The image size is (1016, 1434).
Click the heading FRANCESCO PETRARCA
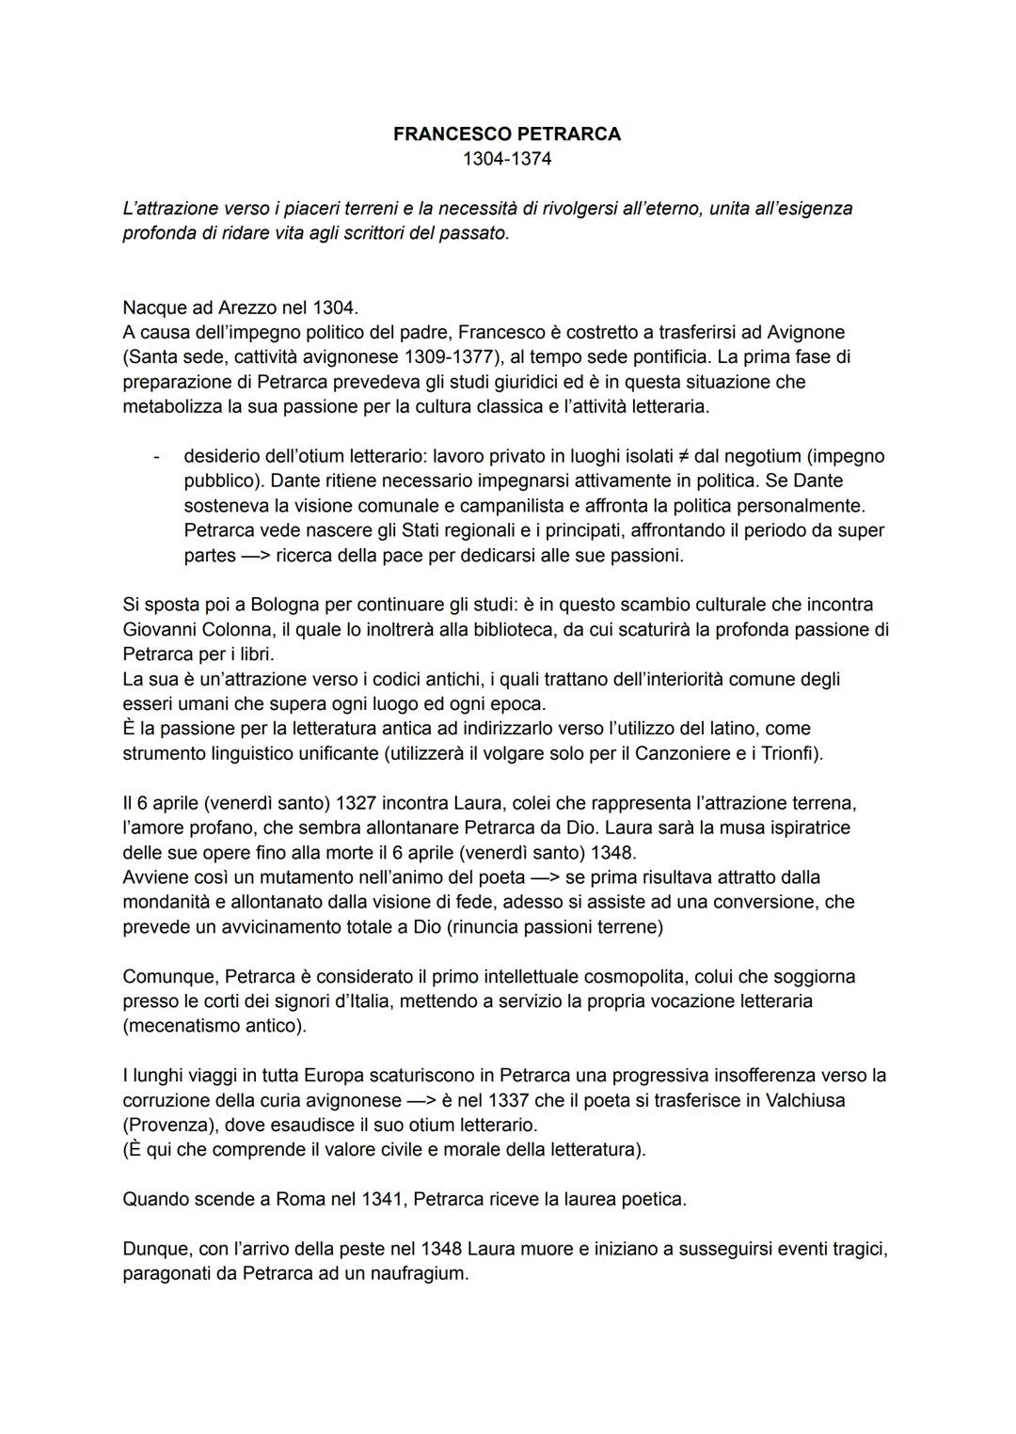coord(507,134)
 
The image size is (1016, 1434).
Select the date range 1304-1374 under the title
coord(507,159)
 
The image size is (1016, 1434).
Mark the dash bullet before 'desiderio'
coord(155,456)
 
